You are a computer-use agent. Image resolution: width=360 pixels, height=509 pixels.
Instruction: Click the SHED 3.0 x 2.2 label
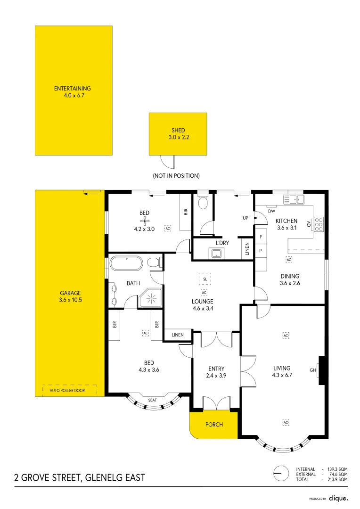[178, 134]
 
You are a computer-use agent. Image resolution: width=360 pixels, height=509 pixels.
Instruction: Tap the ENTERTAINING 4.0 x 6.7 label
[73, 91]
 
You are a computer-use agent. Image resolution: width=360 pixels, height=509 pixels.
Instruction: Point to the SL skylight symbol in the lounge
[205, 279]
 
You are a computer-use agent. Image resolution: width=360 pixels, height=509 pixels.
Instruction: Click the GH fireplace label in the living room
[312, 370]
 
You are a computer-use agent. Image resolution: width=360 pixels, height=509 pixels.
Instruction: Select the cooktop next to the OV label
[319, 225]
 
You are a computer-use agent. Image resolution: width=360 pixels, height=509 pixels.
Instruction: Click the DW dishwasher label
[271, 211]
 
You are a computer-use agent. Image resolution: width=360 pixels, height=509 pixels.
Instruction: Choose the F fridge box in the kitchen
[261, 237]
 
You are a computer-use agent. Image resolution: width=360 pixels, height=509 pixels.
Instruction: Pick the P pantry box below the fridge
[261, 251]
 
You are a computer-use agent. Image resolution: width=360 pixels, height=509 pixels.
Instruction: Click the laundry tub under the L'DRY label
[216, 254]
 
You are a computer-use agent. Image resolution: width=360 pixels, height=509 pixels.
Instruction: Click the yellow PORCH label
[214, 425]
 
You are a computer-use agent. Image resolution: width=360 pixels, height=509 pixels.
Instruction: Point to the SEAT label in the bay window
[153, 400]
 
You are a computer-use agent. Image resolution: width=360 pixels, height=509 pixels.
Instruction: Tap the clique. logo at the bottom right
[338, 498]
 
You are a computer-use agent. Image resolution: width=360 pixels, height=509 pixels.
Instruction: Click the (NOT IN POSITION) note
[176, 176]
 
